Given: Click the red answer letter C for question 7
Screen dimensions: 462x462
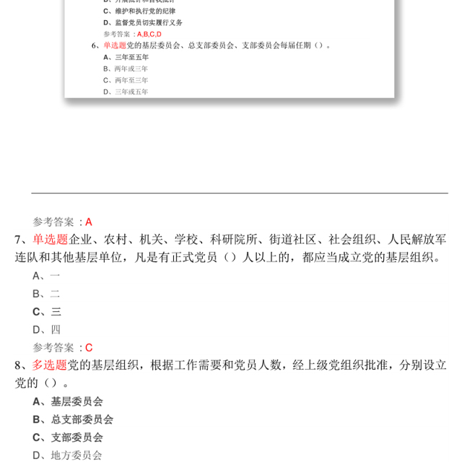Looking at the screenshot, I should click(x=89, y=347).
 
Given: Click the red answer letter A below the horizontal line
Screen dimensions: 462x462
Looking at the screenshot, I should click(x=89, y=222).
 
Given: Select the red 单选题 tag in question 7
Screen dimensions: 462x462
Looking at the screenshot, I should click(x=50, y=240).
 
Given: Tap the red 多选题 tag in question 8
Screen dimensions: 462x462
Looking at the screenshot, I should click(x=50, y=365).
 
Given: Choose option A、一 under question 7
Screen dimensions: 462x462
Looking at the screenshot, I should click(x=46, y=275).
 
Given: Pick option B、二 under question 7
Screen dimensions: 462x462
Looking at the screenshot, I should click(x=46, y=293).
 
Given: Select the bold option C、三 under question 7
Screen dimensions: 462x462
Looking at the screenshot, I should click(x=46, y=311).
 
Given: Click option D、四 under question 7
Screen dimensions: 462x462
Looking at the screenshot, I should click(x=46, y=329).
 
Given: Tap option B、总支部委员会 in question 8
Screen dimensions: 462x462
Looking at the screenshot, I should click(x=73, y=419).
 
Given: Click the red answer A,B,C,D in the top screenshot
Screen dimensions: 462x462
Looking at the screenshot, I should click(x=149, y=34).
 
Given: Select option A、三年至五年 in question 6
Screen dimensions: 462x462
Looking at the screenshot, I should click(x=126, y=57).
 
